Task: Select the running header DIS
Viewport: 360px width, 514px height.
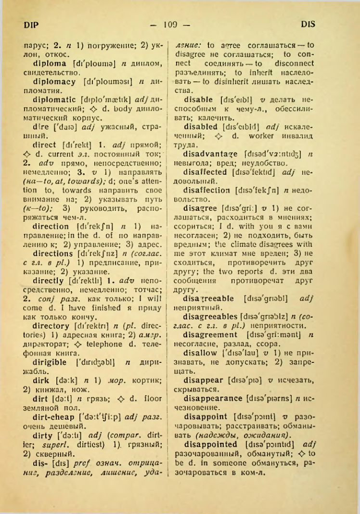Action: [307, 23]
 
